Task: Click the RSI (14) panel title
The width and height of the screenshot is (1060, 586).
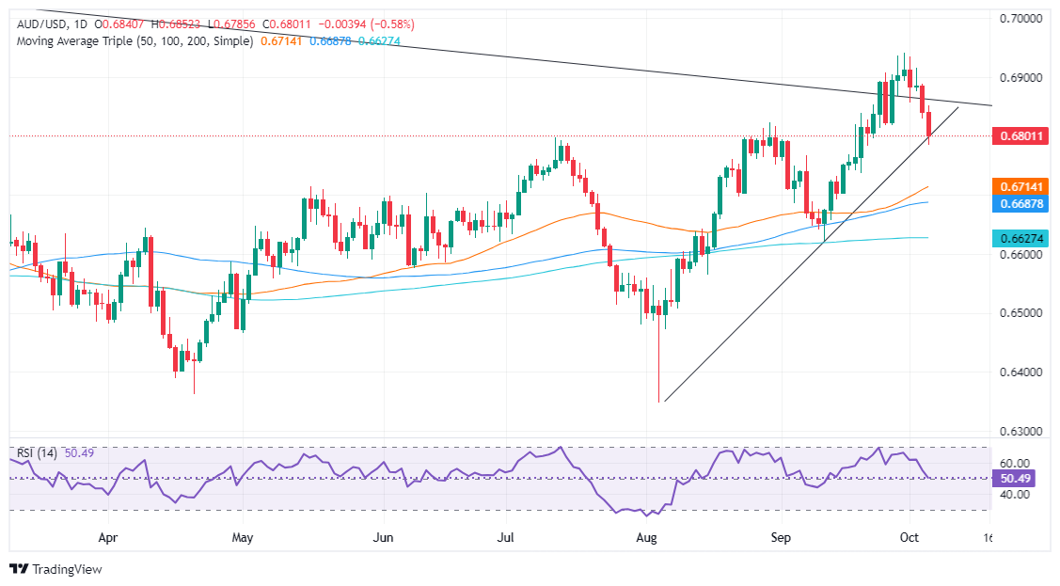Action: point(37,453)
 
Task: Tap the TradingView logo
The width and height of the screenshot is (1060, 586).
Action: point(55,569)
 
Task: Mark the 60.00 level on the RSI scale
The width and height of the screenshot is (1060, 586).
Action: point(1014,463)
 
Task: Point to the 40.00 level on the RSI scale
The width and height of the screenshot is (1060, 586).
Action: point(1014,494)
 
